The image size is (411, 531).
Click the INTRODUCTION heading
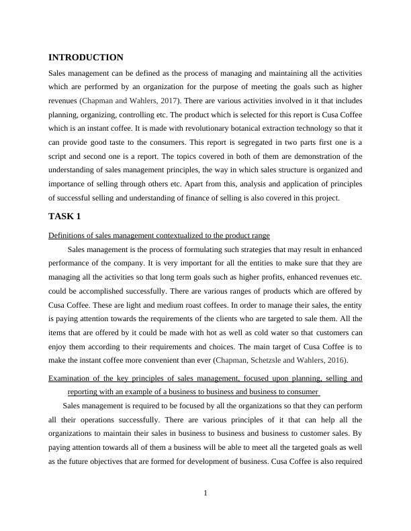point(86,58)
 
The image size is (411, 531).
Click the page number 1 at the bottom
point(205,494)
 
